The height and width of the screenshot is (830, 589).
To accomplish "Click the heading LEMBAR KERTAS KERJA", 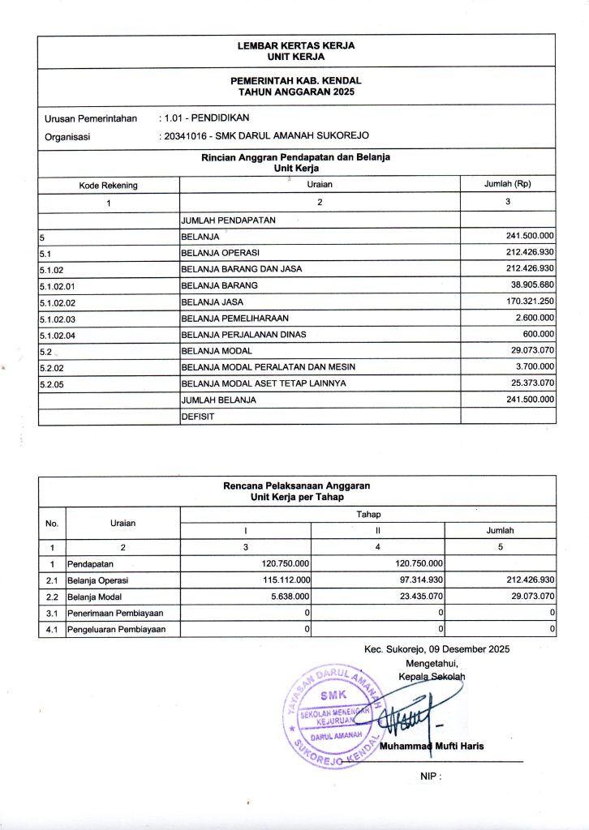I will [x=296, y=46].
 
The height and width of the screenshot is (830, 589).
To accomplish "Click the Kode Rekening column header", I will [x=108, y=186].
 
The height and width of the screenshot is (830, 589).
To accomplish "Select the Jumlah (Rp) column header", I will [x=507, y=184].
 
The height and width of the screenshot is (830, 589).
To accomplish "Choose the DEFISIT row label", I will [x=197, y=416].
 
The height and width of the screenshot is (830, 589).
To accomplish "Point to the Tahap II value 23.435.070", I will [x=414, y=596].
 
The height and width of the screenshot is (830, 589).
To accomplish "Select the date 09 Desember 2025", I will [x=470, y=648].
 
